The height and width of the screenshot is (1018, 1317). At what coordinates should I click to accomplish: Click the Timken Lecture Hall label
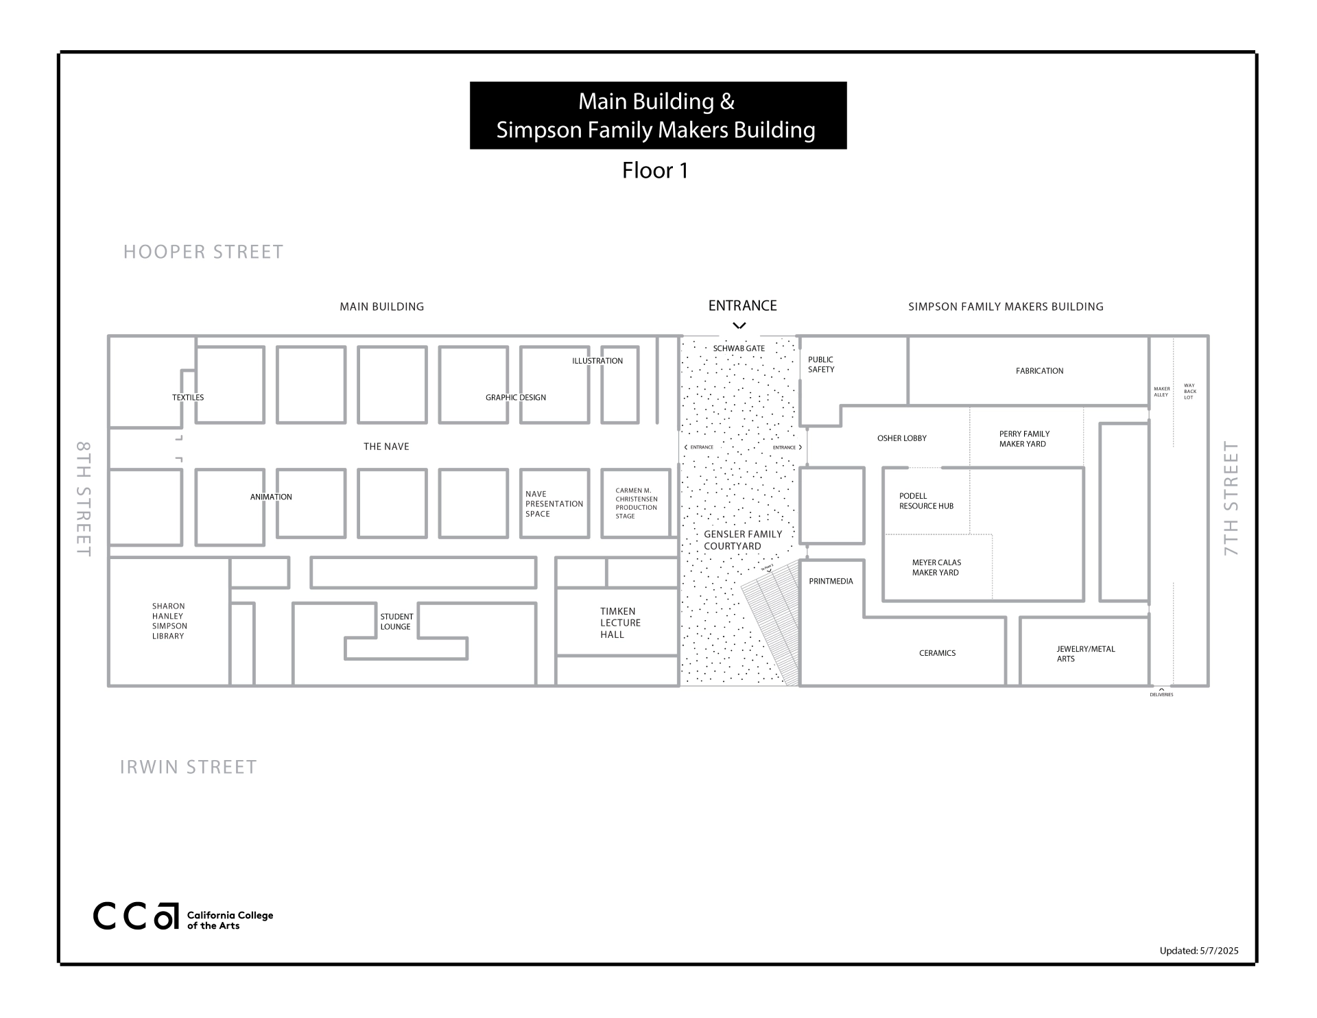619,623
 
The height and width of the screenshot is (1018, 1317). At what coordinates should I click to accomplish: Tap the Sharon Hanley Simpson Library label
169,621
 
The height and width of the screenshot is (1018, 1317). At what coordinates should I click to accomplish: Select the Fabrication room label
1039,371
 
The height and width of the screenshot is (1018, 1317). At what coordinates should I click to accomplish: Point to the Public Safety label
820,364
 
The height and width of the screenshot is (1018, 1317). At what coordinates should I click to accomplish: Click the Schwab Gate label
738,348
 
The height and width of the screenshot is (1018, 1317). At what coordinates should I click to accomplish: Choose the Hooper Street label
203,252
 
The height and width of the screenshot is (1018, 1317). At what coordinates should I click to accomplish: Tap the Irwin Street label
188,767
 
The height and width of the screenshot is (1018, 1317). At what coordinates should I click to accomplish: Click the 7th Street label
1231,498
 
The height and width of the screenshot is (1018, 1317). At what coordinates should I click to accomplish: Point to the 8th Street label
83,498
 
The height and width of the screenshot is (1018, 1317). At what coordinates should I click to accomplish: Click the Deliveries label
1161,694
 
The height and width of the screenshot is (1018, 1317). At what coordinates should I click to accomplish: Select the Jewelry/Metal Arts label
1085,654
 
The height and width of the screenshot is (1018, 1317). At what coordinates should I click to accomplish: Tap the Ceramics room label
937,653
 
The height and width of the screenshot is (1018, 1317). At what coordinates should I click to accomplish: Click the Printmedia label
831,581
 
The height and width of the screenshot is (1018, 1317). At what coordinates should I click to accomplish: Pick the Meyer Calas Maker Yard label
936,567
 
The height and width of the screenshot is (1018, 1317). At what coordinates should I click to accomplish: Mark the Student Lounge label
396,622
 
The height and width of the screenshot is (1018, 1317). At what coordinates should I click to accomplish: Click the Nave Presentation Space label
554,504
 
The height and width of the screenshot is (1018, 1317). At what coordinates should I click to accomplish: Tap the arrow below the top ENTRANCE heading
739,326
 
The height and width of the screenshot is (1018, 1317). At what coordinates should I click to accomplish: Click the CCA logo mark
136,916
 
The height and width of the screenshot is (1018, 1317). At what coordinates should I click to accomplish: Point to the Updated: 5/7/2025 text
1198,951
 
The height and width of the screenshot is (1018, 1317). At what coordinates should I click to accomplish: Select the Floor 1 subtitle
655,170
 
